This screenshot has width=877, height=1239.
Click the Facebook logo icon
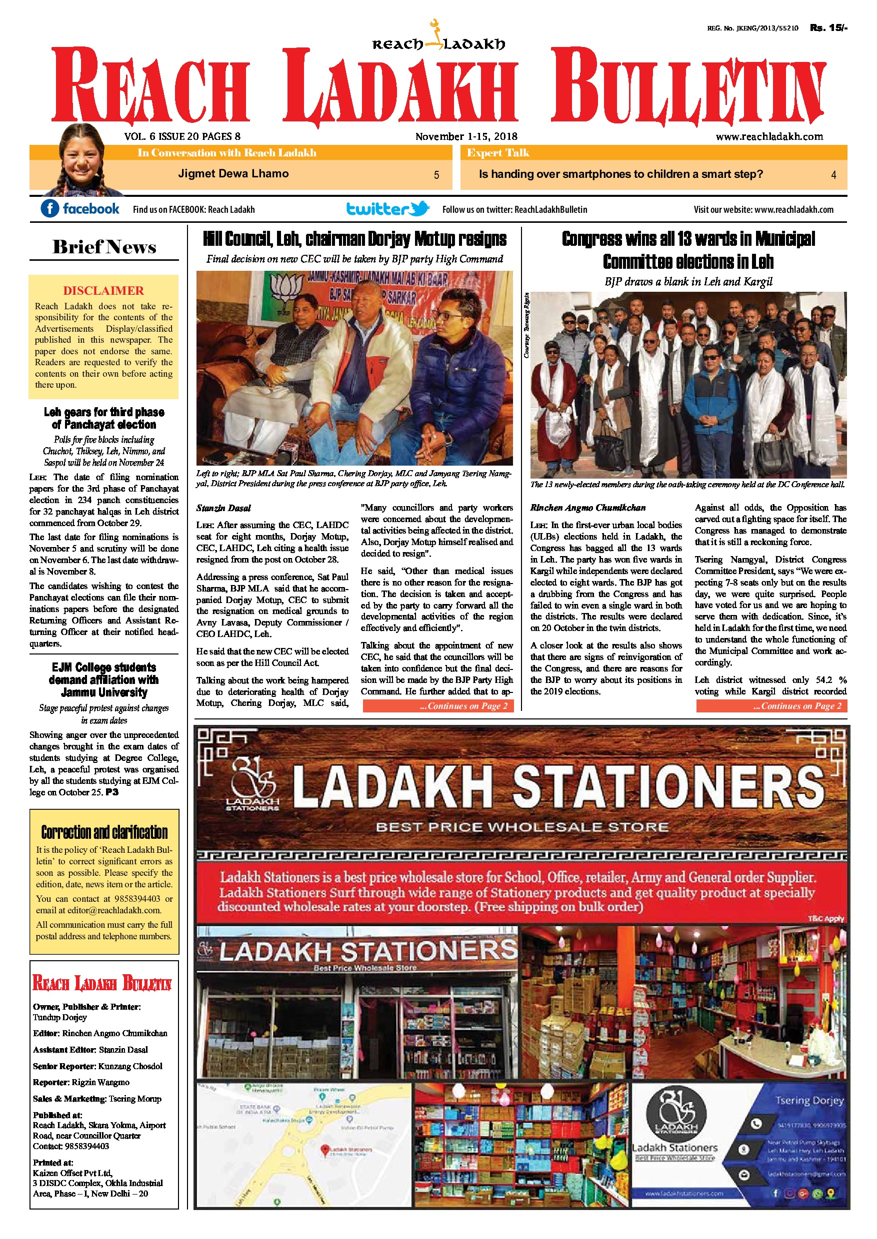[49, 208]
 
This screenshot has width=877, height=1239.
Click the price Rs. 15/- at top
[828, 28]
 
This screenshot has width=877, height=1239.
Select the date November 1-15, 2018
[466, 136]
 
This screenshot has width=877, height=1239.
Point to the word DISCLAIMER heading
[103, 291]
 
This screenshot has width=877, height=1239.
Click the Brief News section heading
[104, 247]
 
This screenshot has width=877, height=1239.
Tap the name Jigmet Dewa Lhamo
[233, 174]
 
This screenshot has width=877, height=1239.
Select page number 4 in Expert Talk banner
[833, 175]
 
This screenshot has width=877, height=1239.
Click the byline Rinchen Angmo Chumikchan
[587, 507]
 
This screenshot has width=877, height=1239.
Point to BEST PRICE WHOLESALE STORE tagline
[521, 827]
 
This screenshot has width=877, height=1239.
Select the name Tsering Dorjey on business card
[809, 1100]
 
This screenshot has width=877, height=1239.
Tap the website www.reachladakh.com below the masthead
[769, 136]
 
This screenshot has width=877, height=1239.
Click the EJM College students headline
[104, 680]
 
